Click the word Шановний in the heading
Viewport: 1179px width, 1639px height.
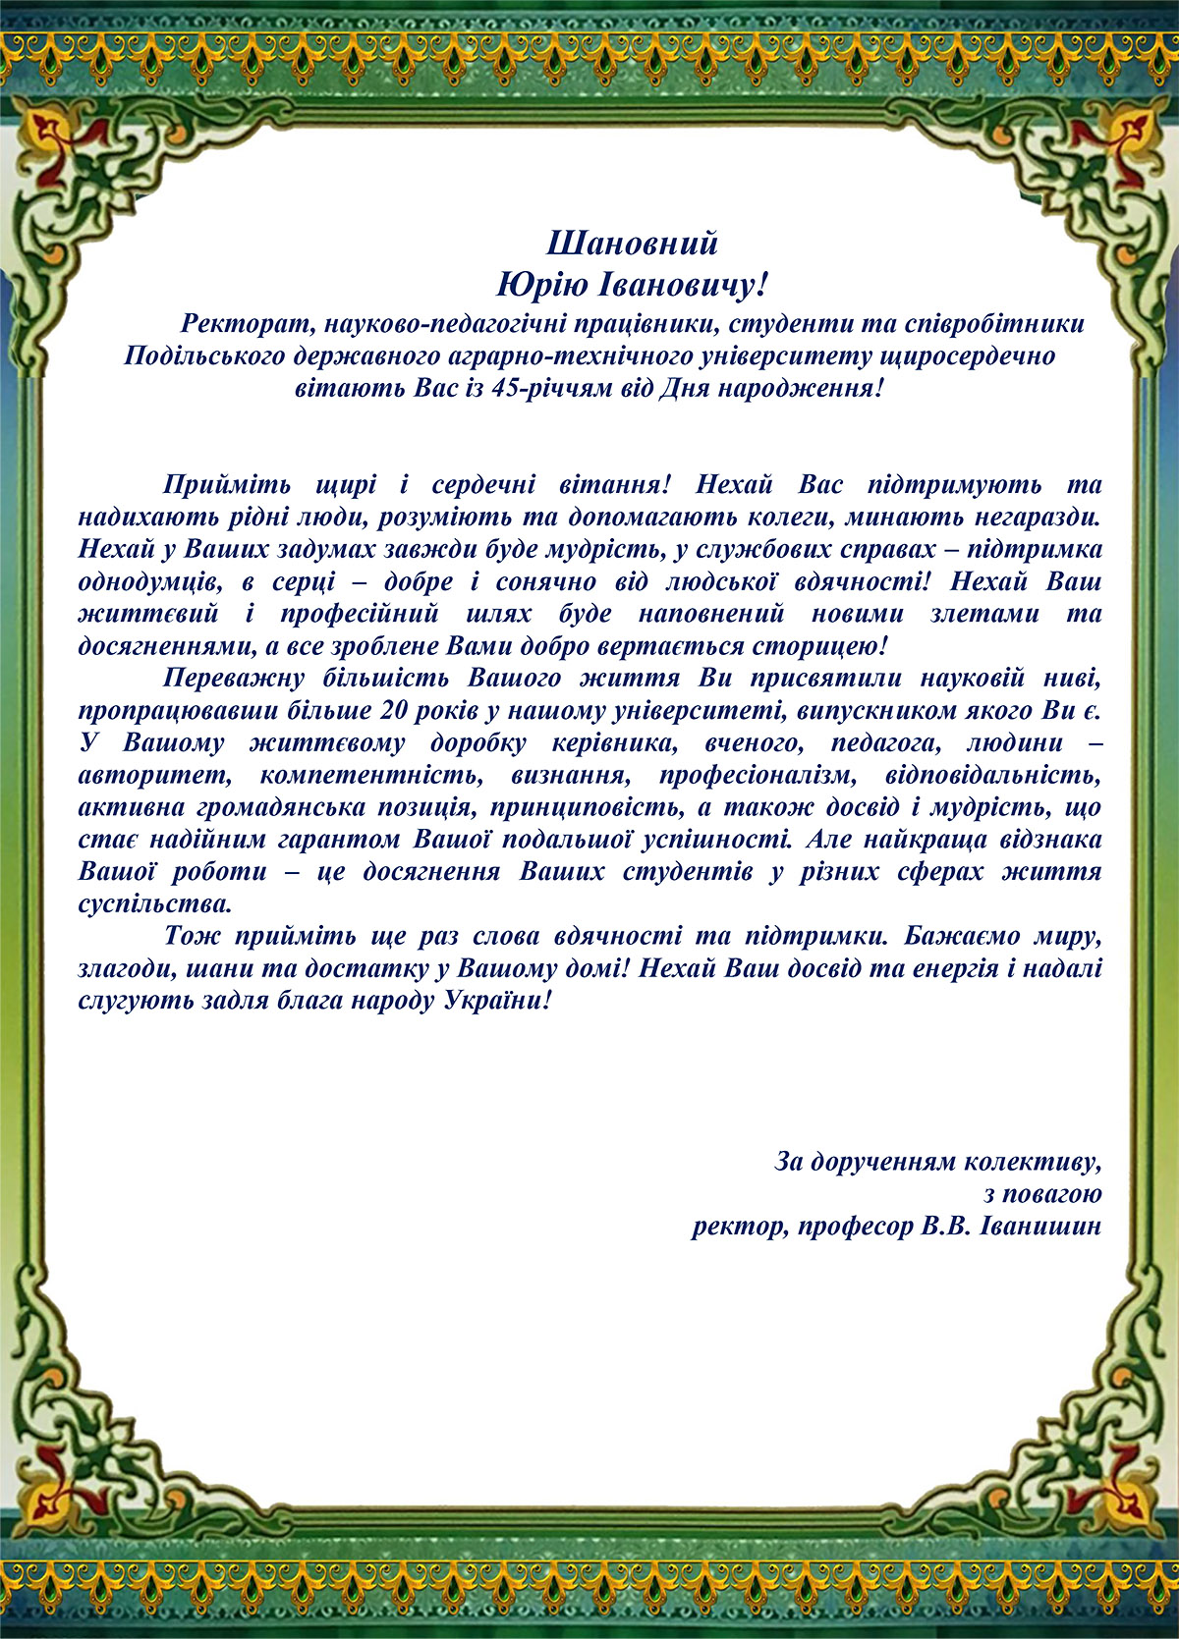click(632, 243)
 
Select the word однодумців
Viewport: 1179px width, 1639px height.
click(151, 581)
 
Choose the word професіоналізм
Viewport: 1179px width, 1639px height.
click(757, 776)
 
